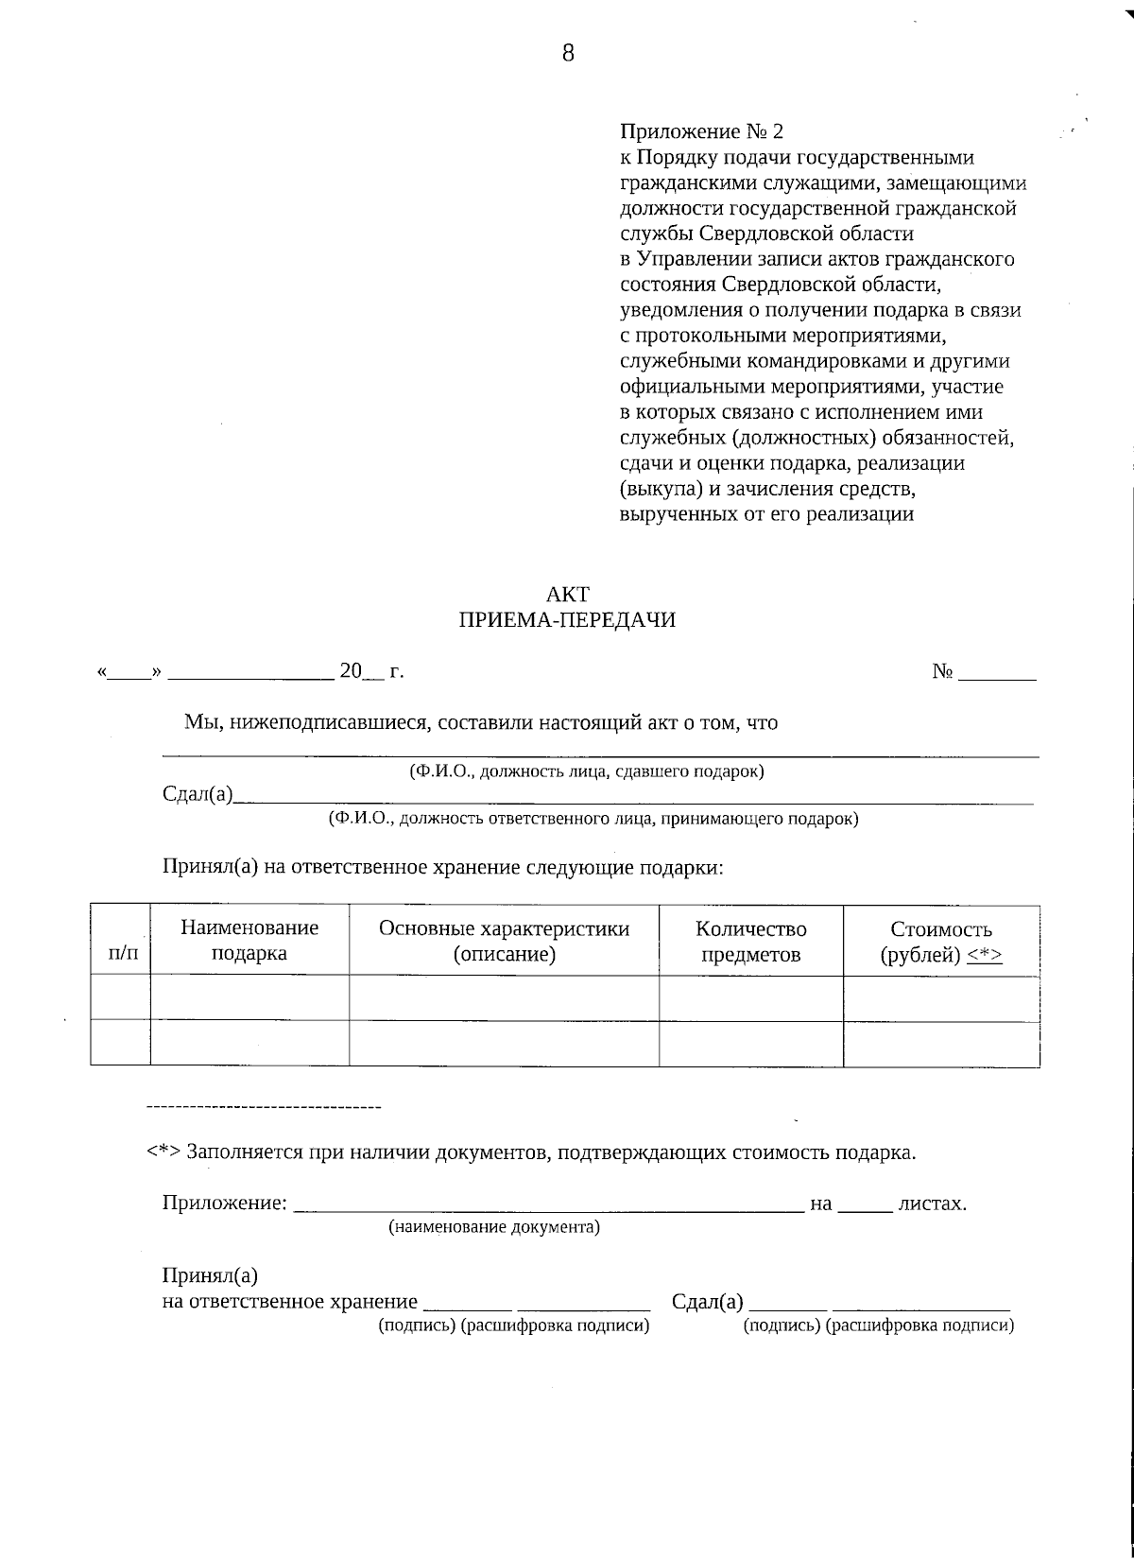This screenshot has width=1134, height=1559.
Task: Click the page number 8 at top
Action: pyautogui.click(x=568, y=53)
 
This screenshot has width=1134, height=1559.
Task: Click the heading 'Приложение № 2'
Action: pyautogui.click(x=701, y=131)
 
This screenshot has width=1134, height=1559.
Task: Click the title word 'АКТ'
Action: pyautogui.click(x=567, y=595)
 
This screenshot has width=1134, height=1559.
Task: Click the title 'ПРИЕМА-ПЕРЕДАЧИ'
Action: pyautogui.click(x=567, y=620)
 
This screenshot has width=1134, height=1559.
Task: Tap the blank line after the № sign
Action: pyautogui.click(x=998, y=673)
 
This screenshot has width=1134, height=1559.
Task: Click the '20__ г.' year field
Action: pyautogui.click(x=371, y=672)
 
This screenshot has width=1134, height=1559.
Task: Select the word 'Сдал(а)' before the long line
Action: pyautogui.click(x=197, y=795)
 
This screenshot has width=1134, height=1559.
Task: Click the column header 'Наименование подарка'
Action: pyautogui.click(x=249, y=941)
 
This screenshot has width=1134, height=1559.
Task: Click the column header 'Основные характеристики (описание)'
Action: pyautogui.click(x=504, y=941)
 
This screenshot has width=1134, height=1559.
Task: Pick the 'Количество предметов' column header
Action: pyautogui.click(x=750, y=941)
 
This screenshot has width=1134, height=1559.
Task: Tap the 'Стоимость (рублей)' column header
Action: pyautogui.click(x=940, y=941)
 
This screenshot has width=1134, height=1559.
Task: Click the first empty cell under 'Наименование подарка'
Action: pyautogui.click(x=249, y=997)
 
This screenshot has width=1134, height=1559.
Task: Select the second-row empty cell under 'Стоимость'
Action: pyautogui.click(x=940, y=1043)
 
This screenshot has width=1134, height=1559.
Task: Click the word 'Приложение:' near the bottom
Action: pyautogui.click(x=225, y=1204)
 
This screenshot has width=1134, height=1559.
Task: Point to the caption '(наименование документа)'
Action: pyautogui.click(x=494, y=1228)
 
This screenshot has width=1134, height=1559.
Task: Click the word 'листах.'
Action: pyautogui.click(x=932, y=1204)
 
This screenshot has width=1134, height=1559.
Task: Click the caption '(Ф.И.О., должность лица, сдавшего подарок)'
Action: pyautogui.click(x=586, y=771)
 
